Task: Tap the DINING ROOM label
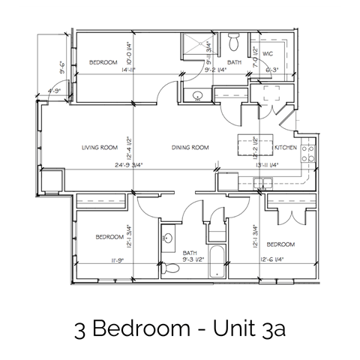(x=189, y=147)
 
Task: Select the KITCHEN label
(x=286, y=147)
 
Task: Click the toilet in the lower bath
(x=171, y=268)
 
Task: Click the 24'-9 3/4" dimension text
(x=111, y=164)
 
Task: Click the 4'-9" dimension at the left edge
(x=54, y=92)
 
